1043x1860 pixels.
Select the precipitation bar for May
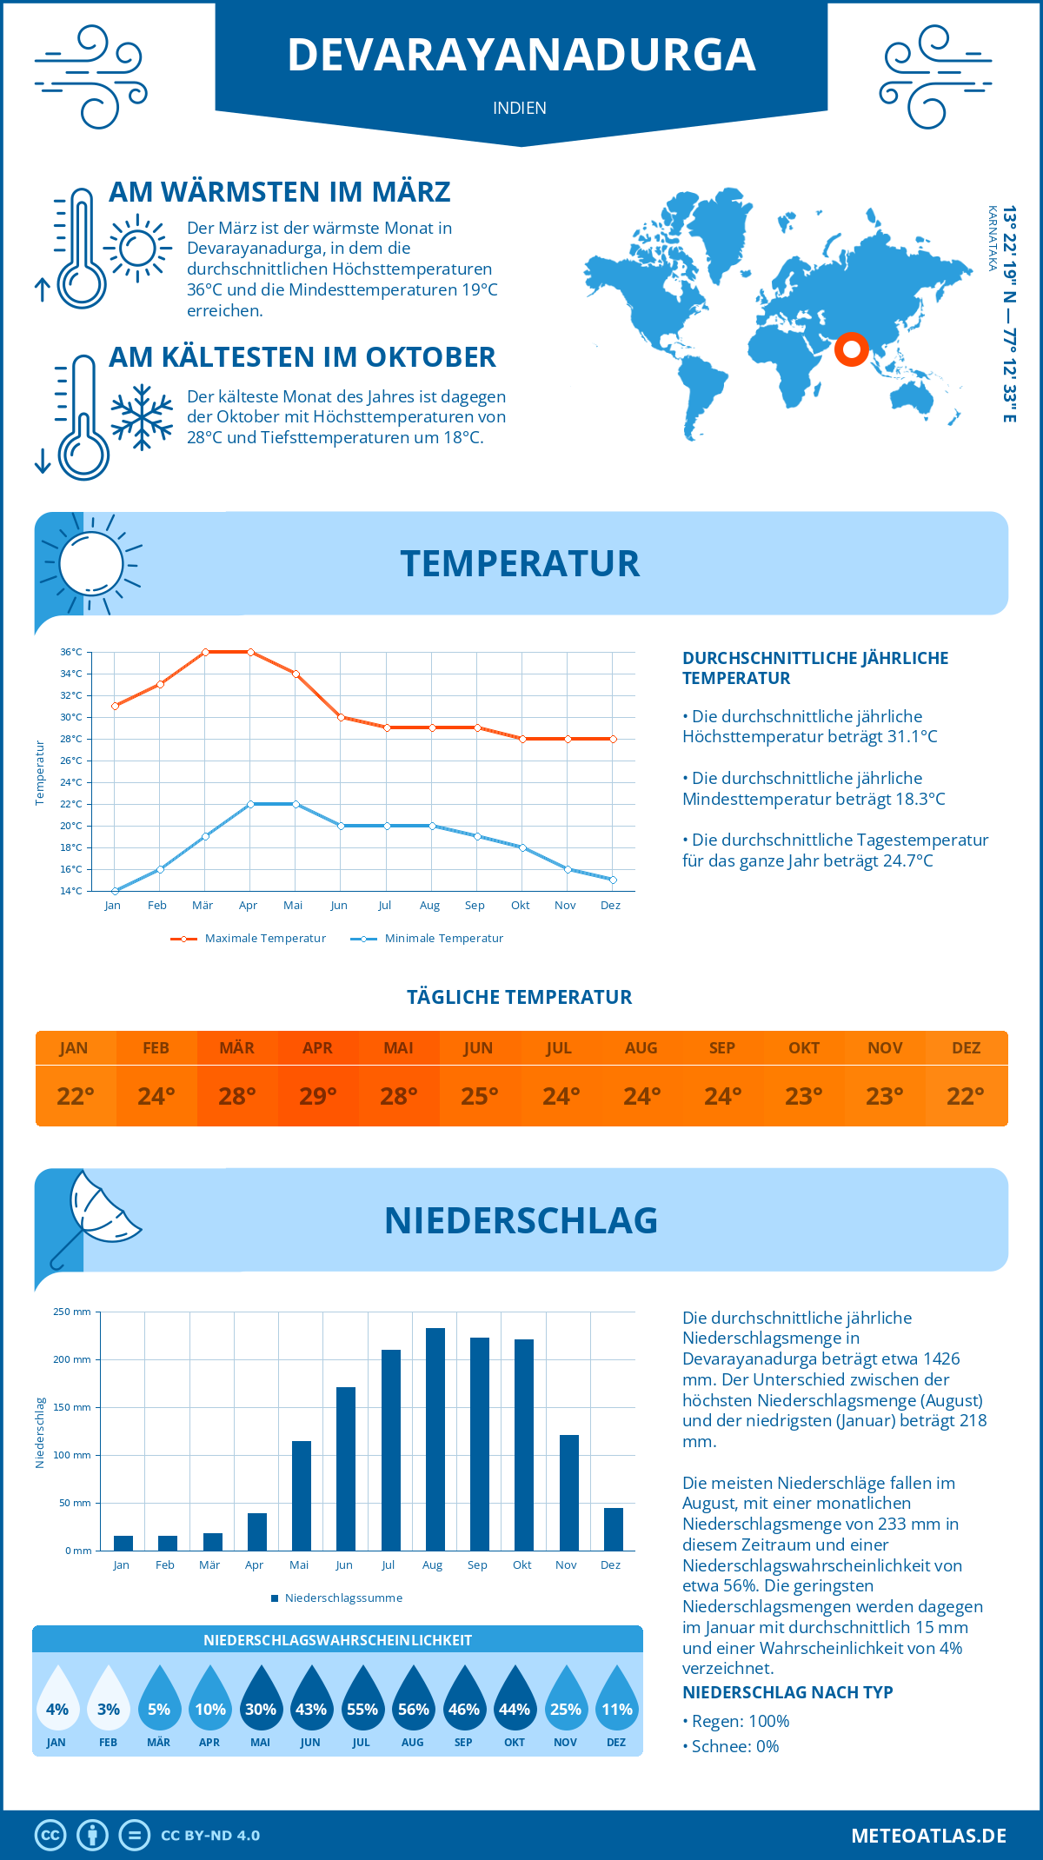(x=302, y=1496)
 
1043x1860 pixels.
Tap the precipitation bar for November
(x=569, y=1492)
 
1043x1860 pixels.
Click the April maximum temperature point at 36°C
(x=250, y=652)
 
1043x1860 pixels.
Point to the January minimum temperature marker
(x=115, y=891)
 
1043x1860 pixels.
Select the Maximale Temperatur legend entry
(x=249, y=939)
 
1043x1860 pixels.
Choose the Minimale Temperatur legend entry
(x=428, y=939)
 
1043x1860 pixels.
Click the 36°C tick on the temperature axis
(x=71, y=652)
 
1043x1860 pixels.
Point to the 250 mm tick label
(x=72, y=1312)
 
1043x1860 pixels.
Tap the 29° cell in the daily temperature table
(x=318, y=1096)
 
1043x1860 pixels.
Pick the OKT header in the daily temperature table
(x=804, y=1048)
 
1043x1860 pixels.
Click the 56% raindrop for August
(x=413, y=1698)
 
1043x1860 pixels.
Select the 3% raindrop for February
(x=108, y=1698)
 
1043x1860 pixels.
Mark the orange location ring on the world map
(x=852, y=349)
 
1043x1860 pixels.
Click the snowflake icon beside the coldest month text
(x=142, y=417)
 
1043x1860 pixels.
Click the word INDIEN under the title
(x=520, y=109)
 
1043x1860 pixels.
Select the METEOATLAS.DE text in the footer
(x=928, y=1836)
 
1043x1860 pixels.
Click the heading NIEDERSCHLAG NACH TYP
(x=787, y=1692)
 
